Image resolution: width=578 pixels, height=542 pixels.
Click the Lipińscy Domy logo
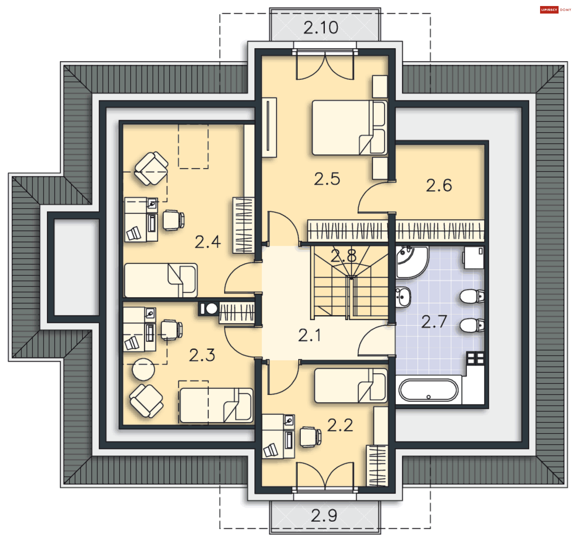(555, 10)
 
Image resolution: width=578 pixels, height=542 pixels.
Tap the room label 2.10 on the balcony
(321, 28)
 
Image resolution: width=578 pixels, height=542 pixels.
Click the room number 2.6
(439, 185)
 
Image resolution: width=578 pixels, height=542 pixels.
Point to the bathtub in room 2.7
(428, 390)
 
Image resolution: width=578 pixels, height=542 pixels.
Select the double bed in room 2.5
(349, 128)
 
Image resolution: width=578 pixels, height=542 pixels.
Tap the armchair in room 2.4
(151, 168)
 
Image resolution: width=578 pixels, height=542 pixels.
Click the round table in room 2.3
(144, 369)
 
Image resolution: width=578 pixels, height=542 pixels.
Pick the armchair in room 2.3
(147, 401)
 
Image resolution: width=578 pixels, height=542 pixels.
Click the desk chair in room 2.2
(311, 437)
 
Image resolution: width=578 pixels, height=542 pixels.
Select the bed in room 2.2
(351, 386)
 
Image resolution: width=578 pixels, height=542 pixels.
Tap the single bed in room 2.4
(161, 280)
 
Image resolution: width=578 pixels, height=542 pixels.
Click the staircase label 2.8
(343, 256)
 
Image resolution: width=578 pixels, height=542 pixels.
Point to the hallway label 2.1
(309, 335)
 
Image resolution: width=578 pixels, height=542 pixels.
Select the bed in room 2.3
(216, 405)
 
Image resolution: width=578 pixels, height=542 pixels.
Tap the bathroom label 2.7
(434, 321)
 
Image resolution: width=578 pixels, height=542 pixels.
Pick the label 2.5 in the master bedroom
(327, 179)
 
